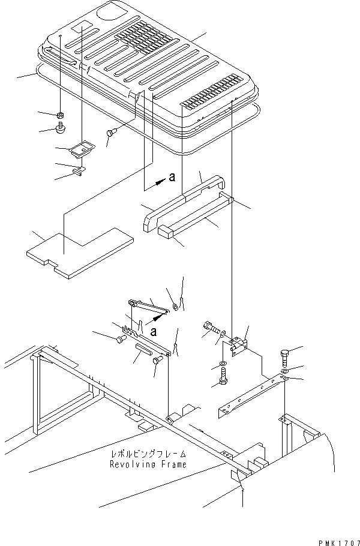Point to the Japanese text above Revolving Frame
[x=152, y=454]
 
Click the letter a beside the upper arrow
[x=172, y=177]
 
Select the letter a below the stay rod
[x=155, y=330]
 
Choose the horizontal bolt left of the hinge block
[x=210, y=327]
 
